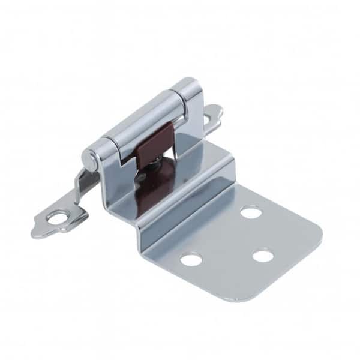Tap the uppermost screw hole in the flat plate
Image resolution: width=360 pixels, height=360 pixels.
(250, 212)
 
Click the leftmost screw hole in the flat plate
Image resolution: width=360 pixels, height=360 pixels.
(191, 259)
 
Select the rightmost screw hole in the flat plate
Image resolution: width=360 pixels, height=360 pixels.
(263, 256)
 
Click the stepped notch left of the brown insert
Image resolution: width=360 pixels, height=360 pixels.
(128, 164)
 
